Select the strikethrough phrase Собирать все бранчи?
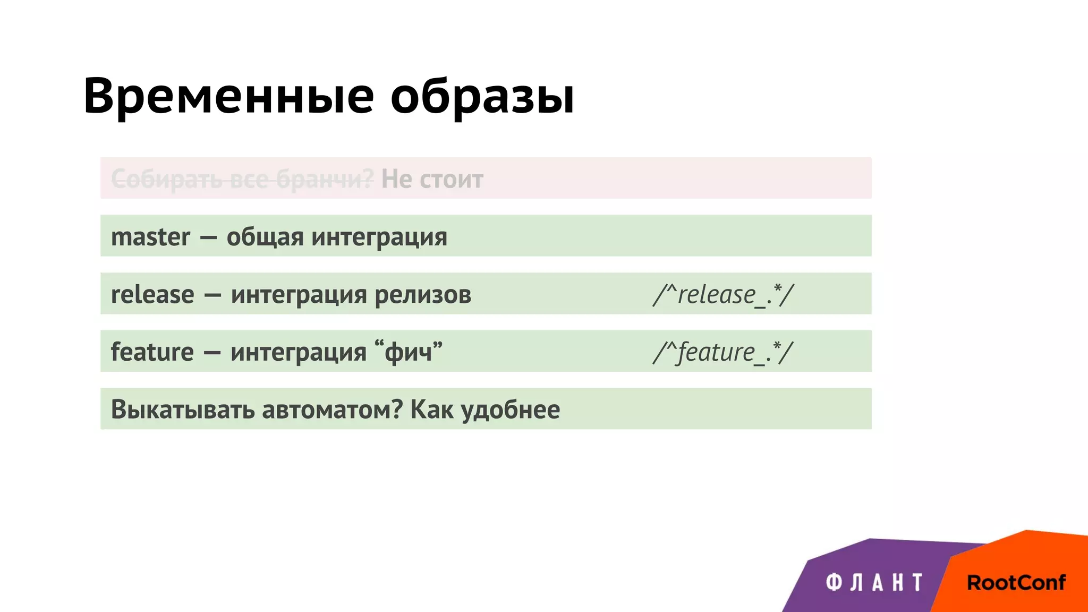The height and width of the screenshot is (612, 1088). coord(242,179)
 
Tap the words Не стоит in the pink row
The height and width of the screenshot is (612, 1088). coord(432,179)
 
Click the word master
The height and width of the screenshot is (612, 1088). coord(150,237)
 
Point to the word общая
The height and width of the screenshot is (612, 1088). coord(265,237)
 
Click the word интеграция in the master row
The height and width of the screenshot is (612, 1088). coord(379,237)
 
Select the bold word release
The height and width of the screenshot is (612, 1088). coord(152,294)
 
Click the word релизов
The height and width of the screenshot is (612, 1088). coord(423,294)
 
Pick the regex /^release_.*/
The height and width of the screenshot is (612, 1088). coord(723,294)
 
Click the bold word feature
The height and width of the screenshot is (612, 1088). coord(152,352)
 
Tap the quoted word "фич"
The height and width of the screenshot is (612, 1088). coord(408,352)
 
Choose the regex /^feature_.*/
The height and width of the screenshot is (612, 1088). coord(722,352)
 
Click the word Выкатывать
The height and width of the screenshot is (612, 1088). coord(182,410)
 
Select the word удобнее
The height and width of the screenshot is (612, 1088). coord(510,410)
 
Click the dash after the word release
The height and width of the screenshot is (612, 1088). coord(212,295)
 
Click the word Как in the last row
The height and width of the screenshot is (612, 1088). coord(432,410)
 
